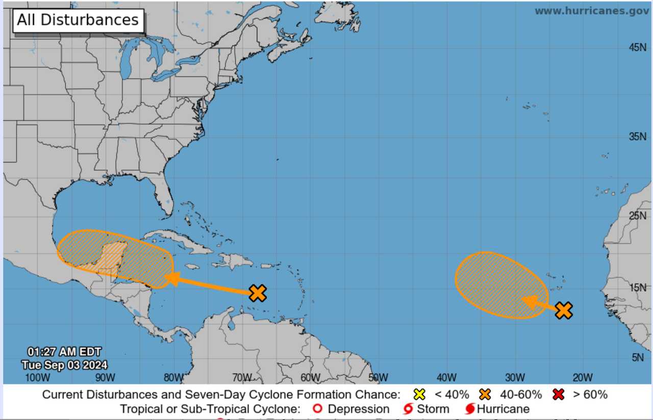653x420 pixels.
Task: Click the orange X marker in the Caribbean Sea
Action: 258,293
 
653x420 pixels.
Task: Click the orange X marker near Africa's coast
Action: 563,310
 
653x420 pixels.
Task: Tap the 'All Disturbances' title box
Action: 78,20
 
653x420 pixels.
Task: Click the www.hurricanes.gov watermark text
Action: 592,11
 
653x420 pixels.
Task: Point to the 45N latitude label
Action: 638,47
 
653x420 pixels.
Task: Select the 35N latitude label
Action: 638,137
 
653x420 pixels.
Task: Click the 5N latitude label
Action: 638,357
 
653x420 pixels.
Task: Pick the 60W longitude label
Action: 310,378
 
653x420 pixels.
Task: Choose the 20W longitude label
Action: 582,378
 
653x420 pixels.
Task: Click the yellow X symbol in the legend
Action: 419,395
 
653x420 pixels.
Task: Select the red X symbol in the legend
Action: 559,395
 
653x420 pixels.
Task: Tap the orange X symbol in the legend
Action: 485,395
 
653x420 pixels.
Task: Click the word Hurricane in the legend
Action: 503,409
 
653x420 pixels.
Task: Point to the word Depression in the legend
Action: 358,409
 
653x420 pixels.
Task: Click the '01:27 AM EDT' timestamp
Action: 64,352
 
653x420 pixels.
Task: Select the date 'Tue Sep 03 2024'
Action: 64,365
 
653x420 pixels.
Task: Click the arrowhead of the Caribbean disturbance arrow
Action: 172,278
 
